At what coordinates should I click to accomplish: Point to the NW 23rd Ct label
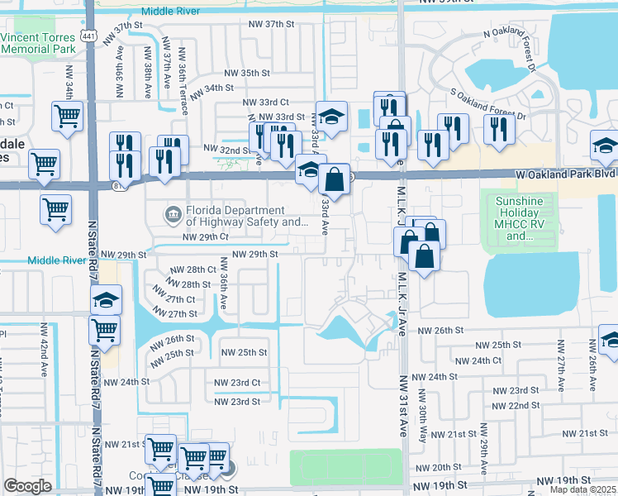pos(237,383)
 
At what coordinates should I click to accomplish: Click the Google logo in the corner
pos(27,485)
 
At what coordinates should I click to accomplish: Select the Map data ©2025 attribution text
pos(583,490)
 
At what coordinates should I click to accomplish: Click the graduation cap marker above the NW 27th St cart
pos(106,303)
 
